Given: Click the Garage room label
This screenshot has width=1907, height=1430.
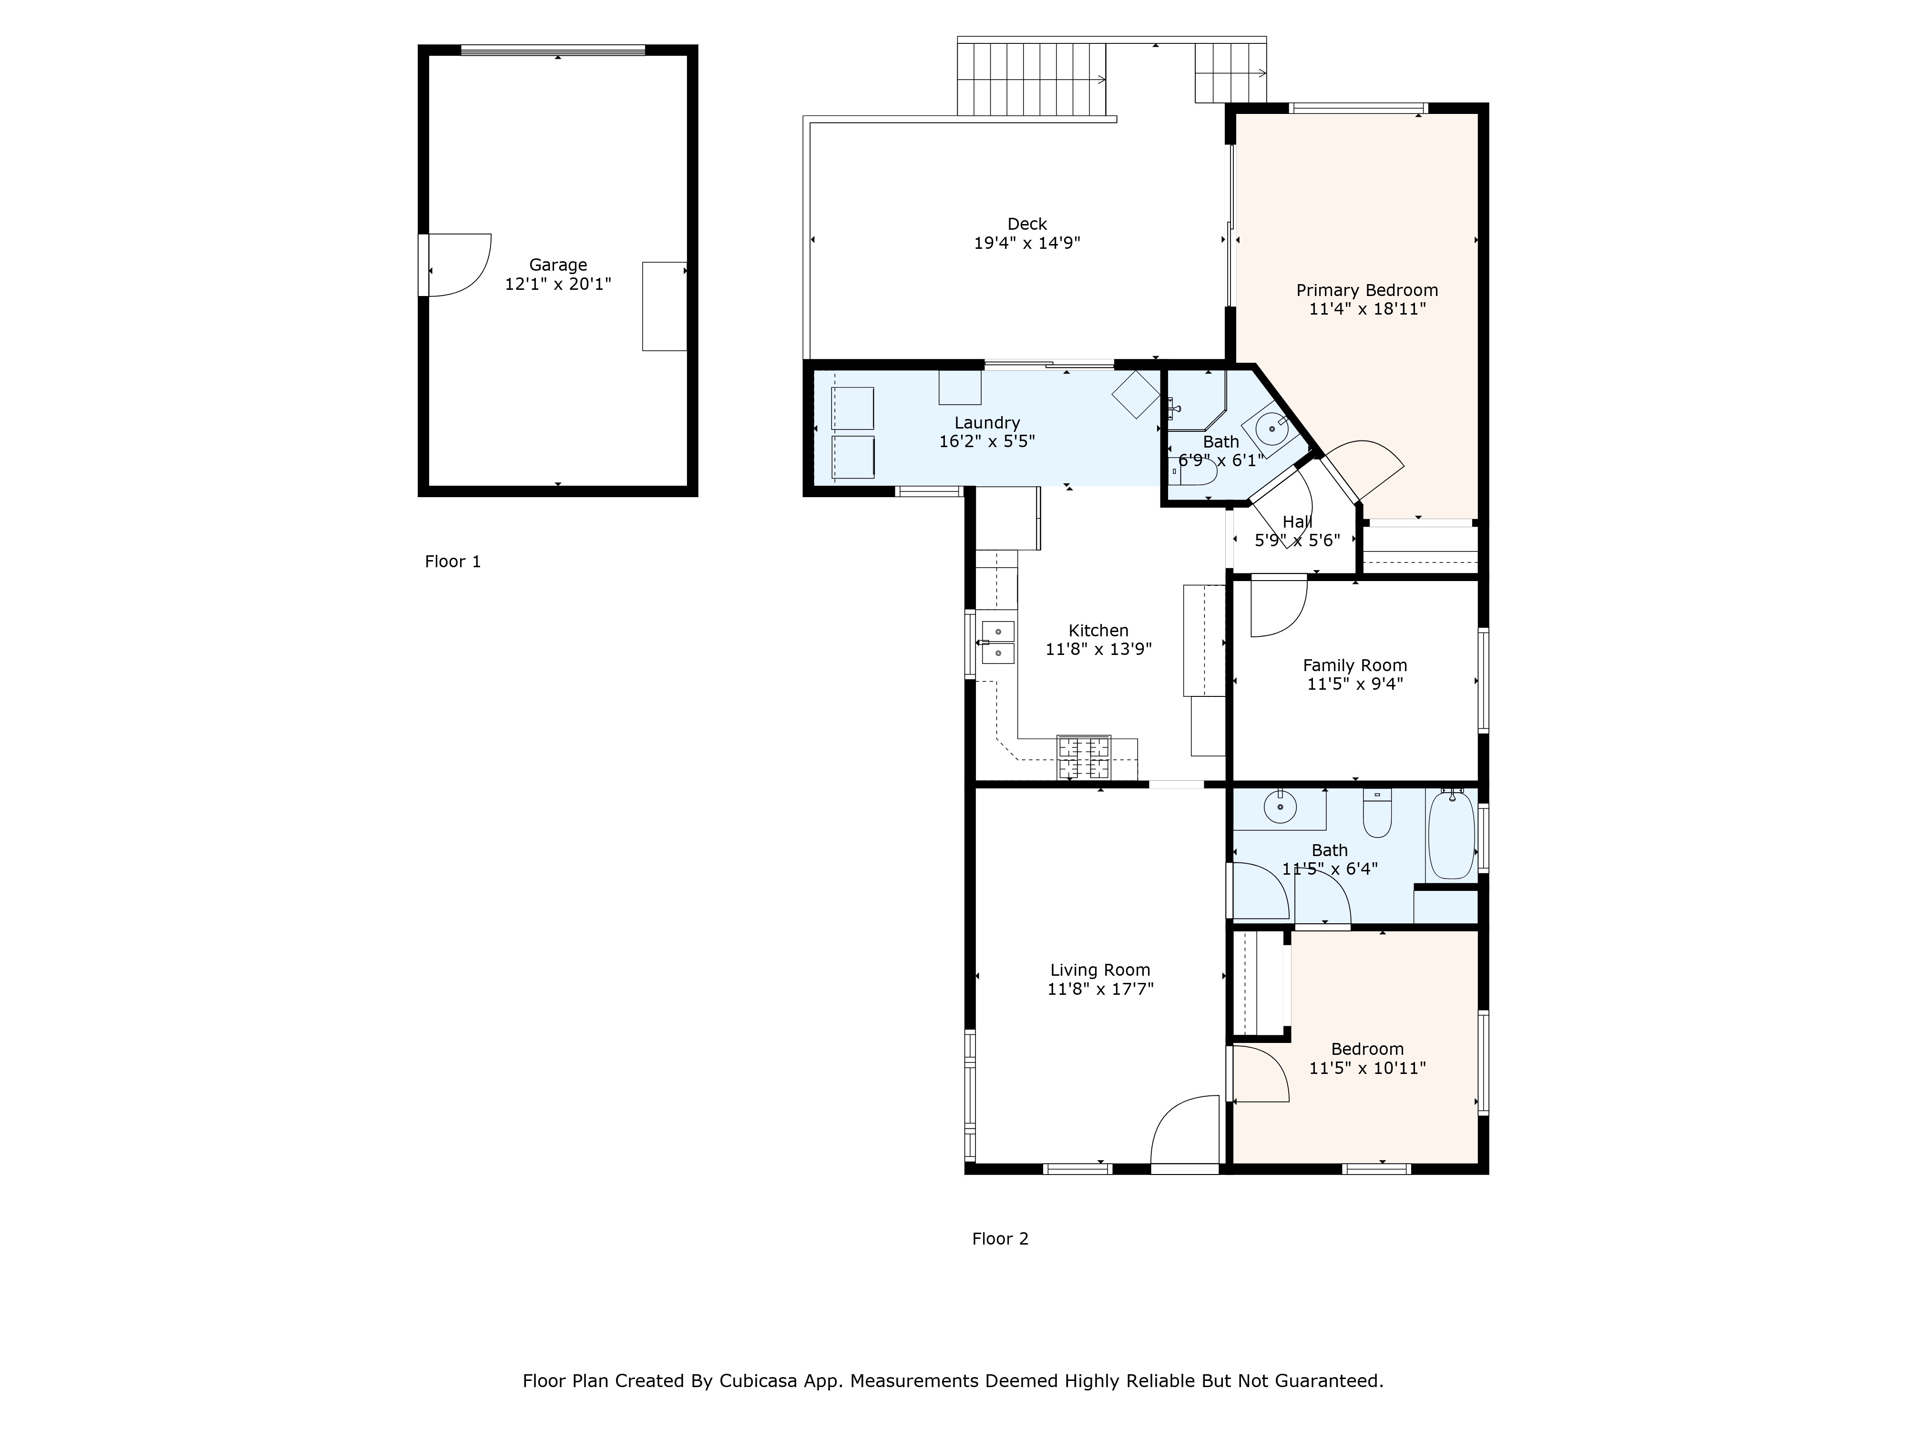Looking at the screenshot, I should pyautogui.click(x=558, y=265).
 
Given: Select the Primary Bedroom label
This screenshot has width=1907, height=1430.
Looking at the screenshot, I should pyautogui.click(x=1366, y=290).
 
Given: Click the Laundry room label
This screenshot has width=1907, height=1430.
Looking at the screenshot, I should pyautogui.click(x=987, y=422).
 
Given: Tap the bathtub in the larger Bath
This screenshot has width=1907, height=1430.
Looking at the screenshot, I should pyautogui.click(x=1452, y=834).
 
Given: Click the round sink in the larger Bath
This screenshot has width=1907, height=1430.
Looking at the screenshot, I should pyautogui.click(x=1280, y=807).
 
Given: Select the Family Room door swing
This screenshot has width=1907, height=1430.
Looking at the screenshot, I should pyautogui.click(x=1278, y=608).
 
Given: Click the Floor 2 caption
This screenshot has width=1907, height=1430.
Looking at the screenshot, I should pyautogui.click(x=1000, y=1239).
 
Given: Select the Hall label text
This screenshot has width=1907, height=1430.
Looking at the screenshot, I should pyautogui.click(x=1297, y=521).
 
